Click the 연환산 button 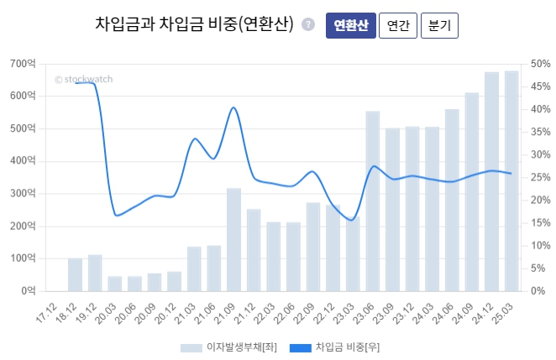[x=350, y=25]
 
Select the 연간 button [x=397, y=25]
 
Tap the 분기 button [x=439, y=25]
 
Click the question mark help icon [x=308, y=25]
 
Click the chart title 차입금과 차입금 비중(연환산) [x=194, y=24]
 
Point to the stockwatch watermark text [x=83, y=79]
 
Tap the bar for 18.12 [x=76, y=274]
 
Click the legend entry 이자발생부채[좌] [x=227, y=347]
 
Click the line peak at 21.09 [x=233, y=108]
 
